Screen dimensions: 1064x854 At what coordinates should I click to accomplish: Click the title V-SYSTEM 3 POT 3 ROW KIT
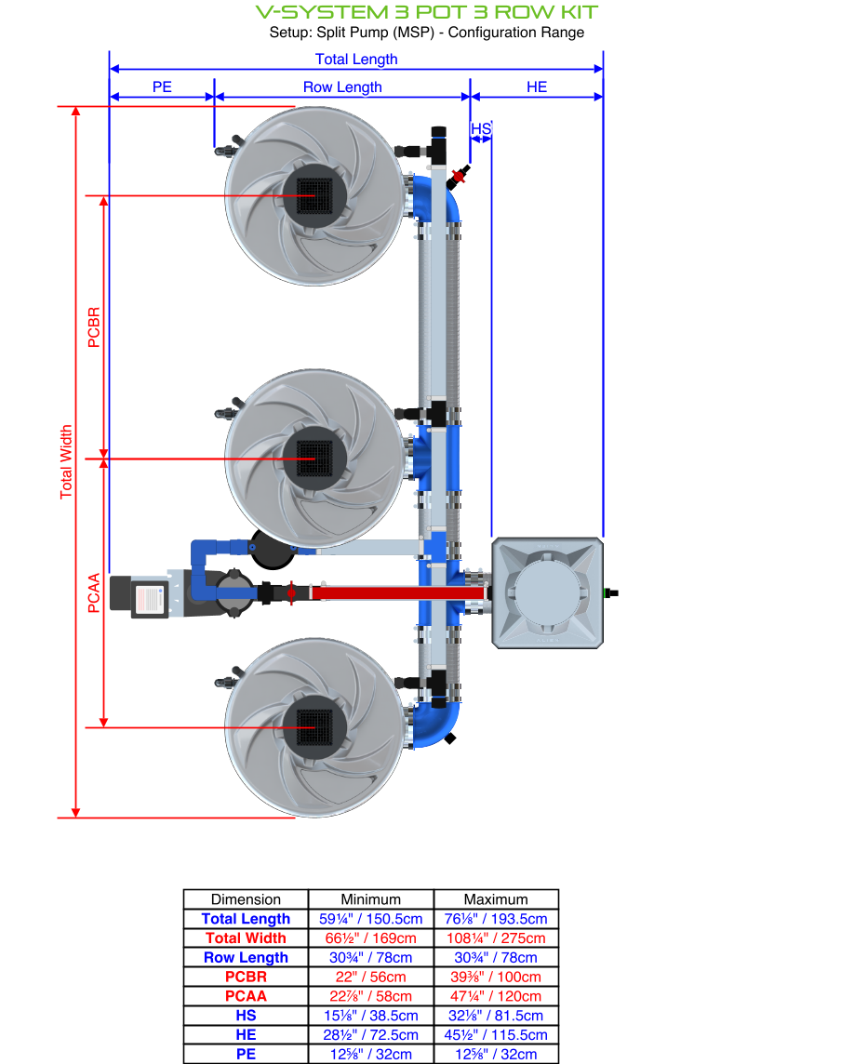pos(427,12)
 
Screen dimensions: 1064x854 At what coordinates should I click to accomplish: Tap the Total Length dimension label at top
pos(356,60)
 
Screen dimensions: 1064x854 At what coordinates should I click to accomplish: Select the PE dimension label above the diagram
pos(162,87)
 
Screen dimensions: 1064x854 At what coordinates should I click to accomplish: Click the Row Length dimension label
pos(342,87)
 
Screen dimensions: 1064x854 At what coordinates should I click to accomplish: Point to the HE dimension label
pos(537,87)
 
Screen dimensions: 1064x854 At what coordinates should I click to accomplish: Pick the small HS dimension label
pos(480,128)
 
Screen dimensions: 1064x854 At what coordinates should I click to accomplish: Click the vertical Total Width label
pos(66,462)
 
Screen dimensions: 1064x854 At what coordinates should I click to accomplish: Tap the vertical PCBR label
pos(93,326)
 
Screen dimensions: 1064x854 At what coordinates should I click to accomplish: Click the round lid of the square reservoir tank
pos(547,592)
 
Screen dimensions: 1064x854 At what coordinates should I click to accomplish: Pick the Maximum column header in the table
pos(496,899)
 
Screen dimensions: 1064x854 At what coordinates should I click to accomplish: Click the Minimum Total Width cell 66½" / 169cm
pos(370,938)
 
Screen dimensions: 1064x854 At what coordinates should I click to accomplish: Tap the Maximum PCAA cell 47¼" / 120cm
pos(496,996)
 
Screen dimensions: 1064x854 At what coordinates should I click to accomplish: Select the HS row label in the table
pos(246,1016)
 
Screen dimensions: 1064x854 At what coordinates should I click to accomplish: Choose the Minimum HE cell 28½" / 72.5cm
pos(370,1035)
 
